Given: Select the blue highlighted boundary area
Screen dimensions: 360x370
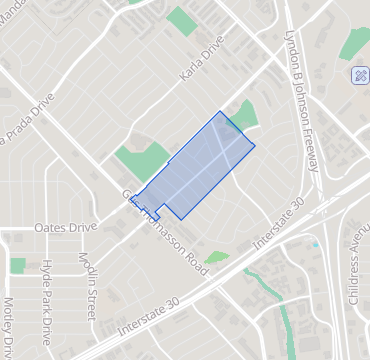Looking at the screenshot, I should [x=195, y=168].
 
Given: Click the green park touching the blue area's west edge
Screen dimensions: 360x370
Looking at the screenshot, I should [x=142, y=161].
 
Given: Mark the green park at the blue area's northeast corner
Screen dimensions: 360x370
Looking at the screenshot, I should [x=244, y=116].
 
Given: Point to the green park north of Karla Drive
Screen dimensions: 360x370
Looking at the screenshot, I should [x=181, y=20].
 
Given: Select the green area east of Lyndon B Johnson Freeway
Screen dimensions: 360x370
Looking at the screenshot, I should [x=355, y=42].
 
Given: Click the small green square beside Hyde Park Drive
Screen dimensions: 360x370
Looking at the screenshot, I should [x=18, y=265].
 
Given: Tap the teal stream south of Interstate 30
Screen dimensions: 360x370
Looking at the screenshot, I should [x=284, y=320].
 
